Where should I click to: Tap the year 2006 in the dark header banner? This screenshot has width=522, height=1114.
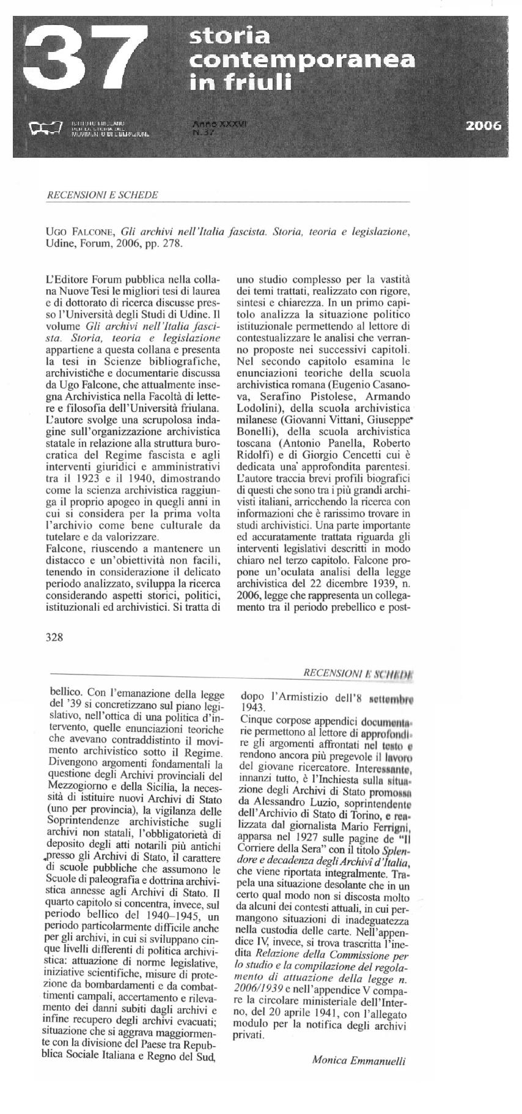tap(483, 126)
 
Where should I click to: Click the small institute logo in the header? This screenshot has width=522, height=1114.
tap(46, 128)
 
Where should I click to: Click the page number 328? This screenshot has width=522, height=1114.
tap(55, 637)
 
